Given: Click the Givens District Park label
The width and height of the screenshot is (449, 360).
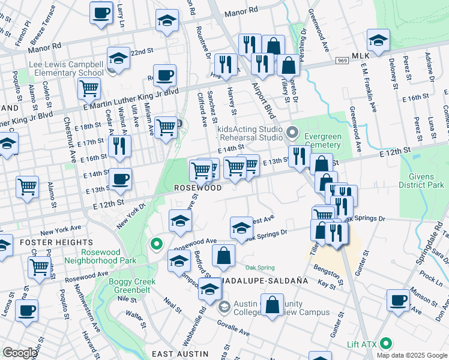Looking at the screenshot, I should pos(421,181).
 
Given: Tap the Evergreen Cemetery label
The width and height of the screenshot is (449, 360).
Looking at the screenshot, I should pos(322,140).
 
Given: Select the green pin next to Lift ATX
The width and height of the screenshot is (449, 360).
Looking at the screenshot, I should pos(386,344).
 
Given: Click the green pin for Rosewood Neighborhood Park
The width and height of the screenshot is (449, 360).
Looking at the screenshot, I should pos(157,244).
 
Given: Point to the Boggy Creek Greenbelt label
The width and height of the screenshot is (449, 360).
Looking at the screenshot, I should pos(132,286).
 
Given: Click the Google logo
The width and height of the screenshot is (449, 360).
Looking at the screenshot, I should pos(20,353).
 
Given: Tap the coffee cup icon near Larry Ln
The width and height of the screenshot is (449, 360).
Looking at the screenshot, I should pos(101,11).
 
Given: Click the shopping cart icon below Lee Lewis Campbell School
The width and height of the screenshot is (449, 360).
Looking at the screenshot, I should pos(89,88).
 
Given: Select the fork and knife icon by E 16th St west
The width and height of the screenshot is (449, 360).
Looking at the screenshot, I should pos(119,145).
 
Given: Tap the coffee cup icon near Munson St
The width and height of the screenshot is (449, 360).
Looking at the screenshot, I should pos(398,299).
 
